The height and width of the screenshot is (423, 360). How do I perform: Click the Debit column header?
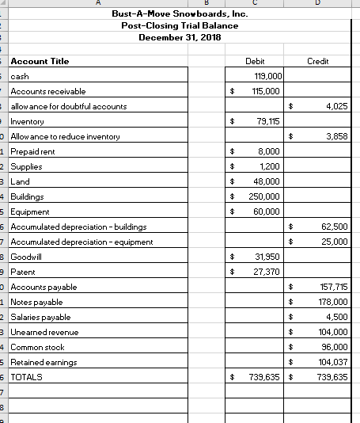pos(255,61)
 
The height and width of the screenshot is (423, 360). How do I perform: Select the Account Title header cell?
pos(40,61)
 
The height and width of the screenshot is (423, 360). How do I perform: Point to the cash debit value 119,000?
pos(267,76)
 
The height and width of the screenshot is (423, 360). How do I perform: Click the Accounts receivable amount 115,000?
pos(267,91)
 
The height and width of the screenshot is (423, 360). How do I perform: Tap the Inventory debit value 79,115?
pos(268,121)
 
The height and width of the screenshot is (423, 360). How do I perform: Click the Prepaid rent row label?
pos(33,151)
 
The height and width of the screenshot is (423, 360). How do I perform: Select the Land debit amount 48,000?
pos(268,181)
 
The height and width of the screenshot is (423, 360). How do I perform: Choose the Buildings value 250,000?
pos(265,196)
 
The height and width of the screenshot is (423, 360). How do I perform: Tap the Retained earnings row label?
pos(44,362)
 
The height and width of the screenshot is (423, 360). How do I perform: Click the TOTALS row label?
pos(27,377)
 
